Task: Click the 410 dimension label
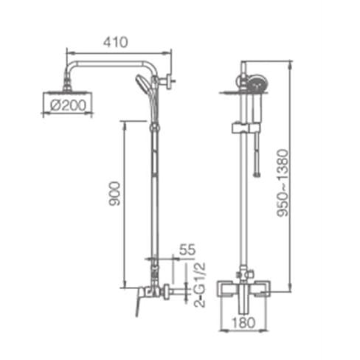[x=115, y=42]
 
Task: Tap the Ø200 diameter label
[x=69, y=105]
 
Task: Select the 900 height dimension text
[x=115, y=193]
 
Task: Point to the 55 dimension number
[x=187, y=249]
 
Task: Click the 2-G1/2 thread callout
[x=199, y=285]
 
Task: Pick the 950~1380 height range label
[x=283, y=183]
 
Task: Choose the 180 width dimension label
[x=243, y=322]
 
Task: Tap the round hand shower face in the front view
[x=256, y=85]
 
